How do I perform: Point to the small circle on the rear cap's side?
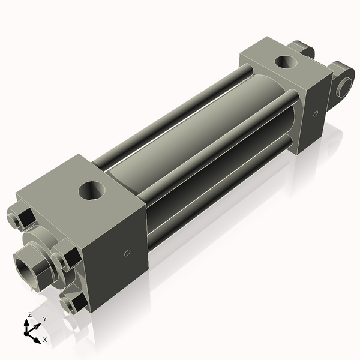315,113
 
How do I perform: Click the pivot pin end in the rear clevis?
344,86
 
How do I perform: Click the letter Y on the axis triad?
45,319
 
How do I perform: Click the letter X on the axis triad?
45,340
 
